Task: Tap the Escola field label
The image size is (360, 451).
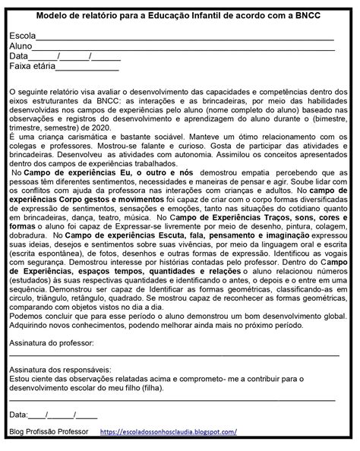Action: (x=23, y=36)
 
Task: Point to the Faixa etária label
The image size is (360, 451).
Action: (x=33, y=66)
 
